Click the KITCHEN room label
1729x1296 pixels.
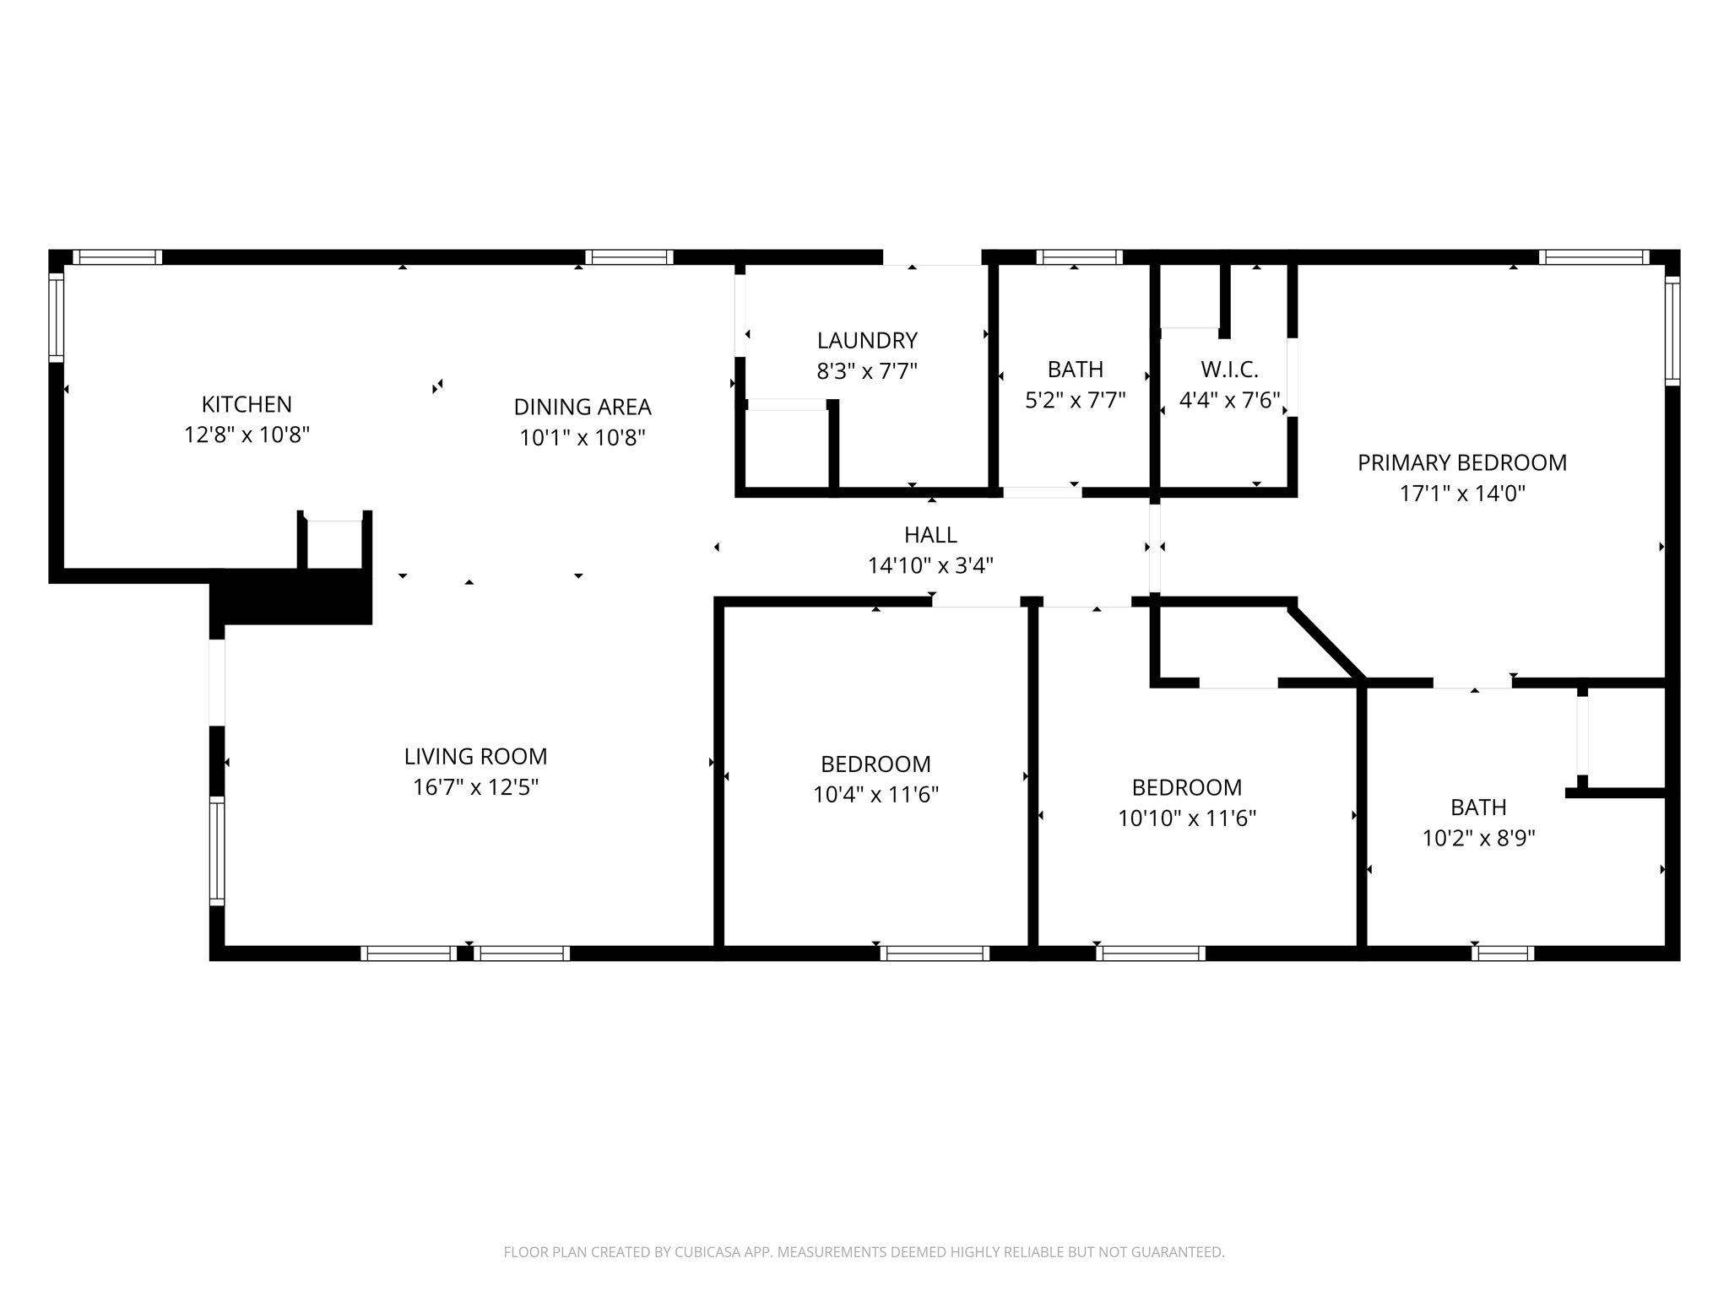click(x=247, y=404)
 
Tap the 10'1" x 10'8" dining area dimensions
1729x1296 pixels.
click(x=583, y=438)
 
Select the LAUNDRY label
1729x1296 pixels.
click(x=867, y=340)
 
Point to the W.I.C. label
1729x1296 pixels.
click(x=1229, y=369)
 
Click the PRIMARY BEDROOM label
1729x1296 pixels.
click(x=1461, y=462)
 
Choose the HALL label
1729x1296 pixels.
click(x=930, y=534)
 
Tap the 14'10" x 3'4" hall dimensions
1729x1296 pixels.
click(x=930, y=565)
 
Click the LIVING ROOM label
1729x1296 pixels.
click(x=475, y=756)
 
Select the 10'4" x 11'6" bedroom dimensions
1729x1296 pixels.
click(x=875, y=795)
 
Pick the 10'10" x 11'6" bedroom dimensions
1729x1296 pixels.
click(x=1187, y=818)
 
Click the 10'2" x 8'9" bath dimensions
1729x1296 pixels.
click(x=1478, y=839)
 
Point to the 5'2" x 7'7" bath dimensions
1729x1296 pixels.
click(x=1075, y=400)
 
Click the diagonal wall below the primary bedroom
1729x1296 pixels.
click(x=1325, y=641)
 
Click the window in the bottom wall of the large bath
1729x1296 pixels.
click(x=1503, y=953)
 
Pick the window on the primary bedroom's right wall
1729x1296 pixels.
click(x=1672, y=331)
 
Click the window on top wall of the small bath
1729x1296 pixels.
click(x=1079, y=257)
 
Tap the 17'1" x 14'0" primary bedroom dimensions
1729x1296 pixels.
click(x=1461, y=494)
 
